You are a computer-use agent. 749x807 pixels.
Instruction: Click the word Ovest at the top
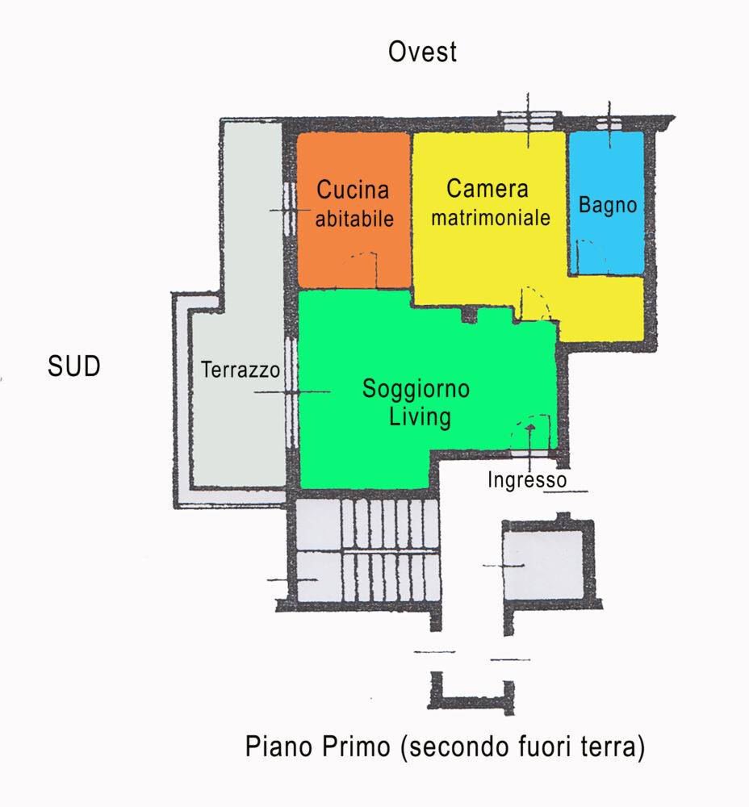pos(422,52)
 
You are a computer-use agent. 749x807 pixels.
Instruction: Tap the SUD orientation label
pos(74,366)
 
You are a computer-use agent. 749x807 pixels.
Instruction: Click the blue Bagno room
pos(606,203)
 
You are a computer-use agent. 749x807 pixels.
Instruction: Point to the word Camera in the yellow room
pos(487,188)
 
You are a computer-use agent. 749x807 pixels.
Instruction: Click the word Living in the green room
pos(420,417)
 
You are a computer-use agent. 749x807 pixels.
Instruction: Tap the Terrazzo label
pos(240,370)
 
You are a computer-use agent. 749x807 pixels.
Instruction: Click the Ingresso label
pos(527,479)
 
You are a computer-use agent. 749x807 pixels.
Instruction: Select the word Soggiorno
pos(416,389)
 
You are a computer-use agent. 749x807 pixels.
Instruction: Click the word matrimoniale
pos(491,218)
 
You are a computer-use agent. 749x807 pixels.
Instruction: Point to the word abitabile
pos(354,219)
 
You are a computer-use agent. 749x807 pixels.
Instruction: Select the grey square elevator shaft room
pos(543,565)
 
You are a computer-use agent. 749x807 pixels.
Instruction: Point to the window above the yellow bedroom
pos(528,122)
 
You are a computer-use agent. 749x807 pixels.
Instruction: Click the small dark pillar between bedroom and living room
pos(469,315)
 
